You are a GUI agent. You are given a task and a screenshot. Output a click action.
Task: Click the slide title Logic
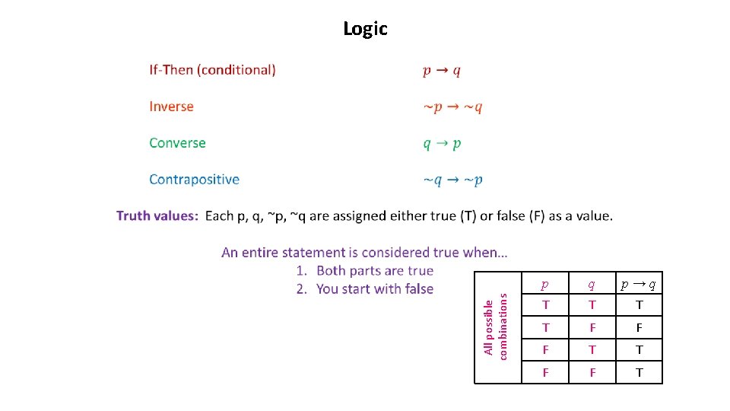(x=365, y=29)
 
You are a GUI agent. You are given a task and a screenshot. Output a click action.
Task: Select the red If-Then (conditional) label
(x=212, y=70)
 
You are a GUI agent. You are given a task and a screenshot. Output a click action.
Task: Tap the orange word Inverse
(x=171, y=107)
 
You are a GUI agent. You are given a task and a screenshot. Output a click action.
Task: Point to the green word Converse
(x=177, y=143)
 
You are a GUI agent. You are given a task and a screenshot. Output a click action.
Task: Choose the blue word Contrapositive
(x=194, y=180)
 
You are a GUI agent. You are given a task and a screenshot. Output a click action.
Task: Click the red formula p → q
(x=442, y=71)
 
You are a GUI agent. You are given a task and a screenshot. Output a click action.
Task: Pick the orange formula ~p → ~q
(x=452, y=107)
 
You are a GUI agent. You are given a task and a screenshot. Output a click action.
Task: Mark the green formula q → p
(x=442, y=144)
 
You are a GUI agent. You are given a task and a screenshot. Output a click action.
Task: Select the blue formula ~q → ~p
(x=452, y=180)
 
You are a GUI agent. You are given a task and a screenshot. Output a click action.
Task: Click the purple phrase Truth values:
(x=157, y=216)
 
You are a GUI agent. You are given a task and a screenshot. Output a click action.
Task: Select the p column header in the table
(x=544, y=285)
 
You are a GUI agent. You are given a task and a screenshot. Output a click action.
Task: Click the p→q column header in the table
(x=639, y=285)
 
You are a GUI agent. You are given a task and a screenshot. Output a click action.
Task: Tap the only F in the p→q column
(x=639, y=328)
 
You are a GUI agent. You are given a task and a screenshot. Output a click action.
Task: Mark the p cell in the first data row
(x=544, y=306)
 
